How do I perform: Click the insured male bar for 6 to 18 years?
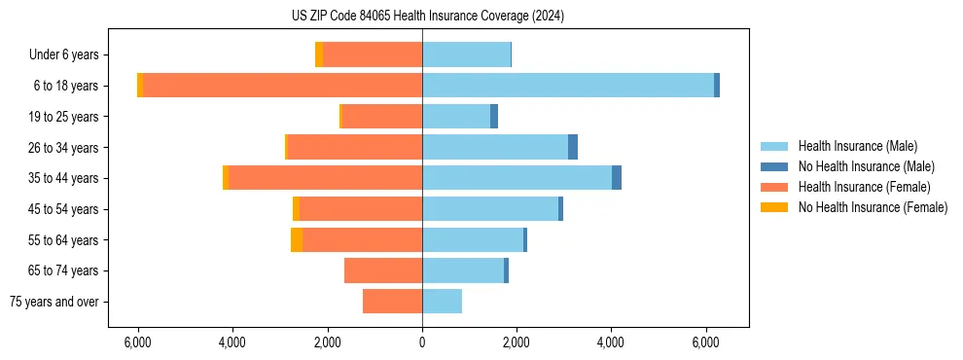click(x=568, y=86)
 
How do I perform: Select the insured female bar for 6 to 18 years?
click(x=282, y=86)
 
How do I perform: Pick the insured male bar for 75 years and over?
click(x=442, y=302)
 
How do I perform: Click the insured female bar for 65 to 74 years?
click(x=383, y=270)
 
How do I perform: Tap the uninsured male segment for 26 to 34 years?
click(x=573, y=147)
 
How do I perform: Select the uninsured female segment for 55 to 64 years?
click(x=297, y=240)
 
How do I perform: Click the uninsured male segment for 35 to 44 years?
click(x=617, y=178)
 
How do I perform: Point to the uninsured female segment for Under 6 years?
click(x=319, y=54)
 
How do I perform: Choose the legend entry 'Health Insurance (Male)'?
click(x=857, y=146)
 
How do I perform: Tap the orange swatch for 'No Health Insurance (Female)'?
click(x=774, y=207)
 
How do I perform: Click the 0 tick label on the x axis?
click(x=422, y=342)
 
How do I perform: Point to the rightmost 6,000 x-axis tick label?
click(x=705, y=342)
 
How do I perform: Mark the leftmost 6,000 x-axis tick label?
click(x=138, y=342)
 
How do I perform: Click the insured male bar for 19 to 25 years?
click(x=456, y=117)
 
